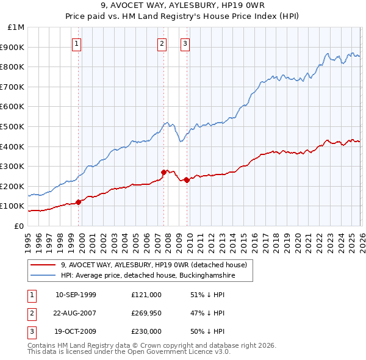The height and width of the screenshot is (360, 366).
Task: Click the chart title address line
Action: [182, 7]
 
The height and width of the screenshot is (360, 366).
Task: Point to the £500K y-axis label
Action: [13, 127]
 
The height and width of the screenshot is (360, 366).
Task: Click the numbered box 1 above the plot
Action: [77, 43]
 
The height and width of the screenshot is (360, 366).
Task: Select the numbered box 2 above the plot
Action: [162, 43]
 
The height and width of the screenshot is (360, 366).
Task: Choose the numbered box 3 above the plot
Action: [185, 43]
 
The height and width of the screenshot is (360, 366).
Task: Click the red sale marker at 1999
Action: [78, 201]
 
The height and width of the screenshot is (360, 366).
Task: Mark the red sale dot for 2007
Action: [163, 172]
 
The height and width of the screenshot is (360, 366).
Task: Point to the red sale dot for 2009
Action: [187, 180]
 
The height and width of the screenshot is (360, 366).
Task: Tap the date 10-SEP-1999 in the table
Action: [76, 295]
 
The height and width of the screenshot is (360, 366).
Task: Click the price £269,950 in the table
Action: [146, 313]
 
